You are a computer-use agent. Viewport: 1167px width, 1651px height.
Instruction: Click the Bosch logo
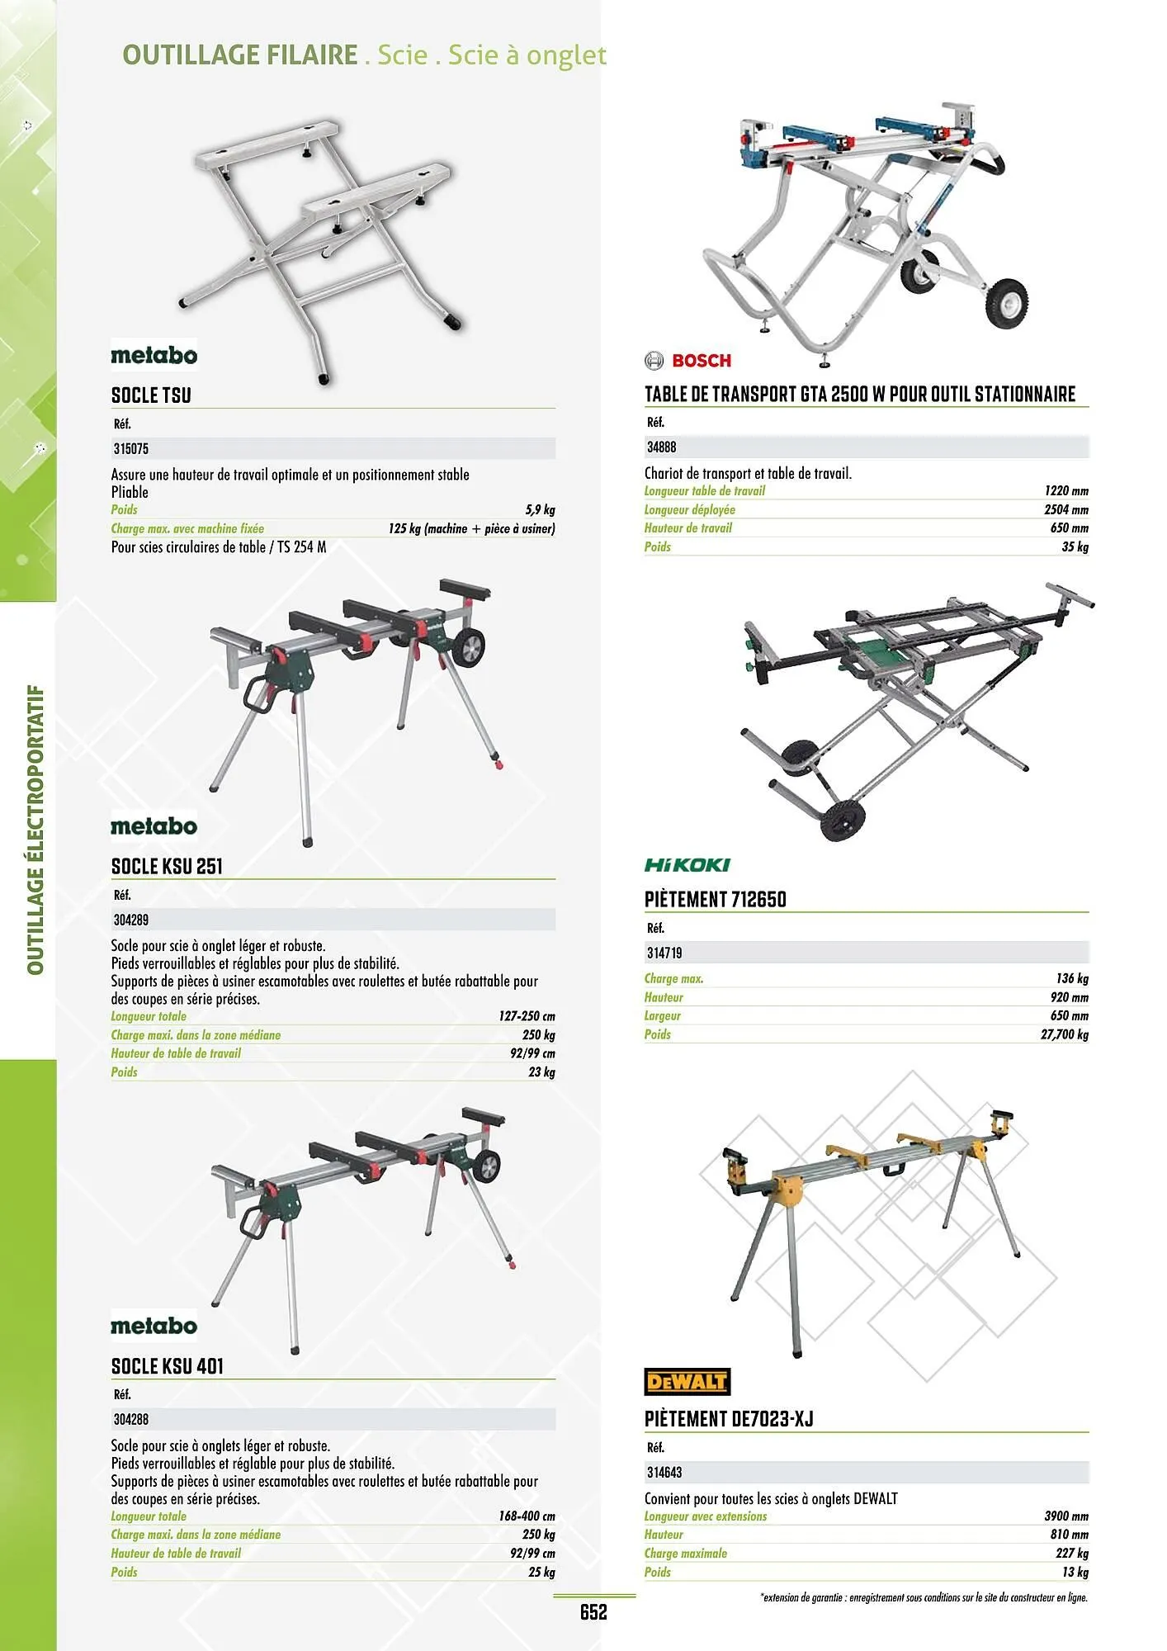(x=687, y=360)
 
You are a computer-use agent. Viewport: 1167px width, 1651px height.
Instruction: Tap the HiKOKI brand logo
(x=687, y=865)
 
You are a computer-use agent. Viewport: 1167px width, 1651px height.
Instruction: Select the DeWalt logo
(x=687, y=1382)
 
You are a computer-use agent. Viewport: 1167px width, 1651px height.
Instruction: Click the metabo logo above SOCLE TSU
(x=154, y=356)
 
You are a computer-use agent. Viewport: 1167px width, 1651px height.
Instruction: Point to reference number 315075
(x=130, y=449)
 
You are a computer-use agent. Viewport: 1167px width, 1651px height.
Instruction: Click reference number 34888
(x=661, y=447)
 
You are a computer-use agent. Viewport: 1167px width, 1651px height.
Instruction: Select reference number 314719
(x=664, y=953)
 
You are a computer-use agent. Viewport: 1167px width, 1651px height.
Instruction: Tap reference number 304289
(x=130, y=920)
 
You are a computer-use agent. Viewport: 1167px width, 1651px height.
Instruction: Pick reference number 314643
(x=664, y=1473)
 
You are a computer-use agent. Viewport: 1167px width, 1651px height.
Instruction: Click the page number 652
(x=593, y=1612)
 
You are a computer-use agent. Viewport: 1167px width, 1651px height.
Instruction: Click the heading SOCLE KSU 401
(x=168, y=1366)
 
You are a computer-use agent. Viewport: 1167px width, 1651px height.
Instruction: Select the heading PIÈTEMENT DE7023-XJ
(x=729, y=1419)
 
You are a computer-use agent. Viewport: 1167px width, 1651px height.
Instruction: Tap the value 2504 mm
(x=1066, y=509)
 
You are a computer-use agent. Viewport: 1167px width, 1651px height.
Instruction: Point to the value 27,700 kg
(x=1065, y=1034)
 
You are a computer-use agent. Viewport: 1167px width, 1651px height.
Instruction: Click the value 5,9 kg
(x=540, y=510)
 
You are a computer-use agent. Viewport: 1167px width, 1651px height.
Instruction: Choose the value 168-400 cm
(x=527, y=1516)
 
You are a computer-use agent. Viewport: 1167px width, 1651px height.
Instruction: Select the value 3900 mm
(x=1066, y=1516)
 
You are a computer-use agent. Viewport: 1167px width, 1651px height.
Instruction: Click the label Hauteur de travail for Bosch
(x=688, y=528)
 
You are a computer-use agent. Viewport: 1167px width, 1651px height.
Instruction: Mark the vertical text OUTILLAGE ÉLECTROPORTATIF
(x=35, y=829)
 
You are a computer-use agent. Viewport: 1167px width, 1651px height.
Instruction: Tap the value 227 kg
(x=1072, y=1554)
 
